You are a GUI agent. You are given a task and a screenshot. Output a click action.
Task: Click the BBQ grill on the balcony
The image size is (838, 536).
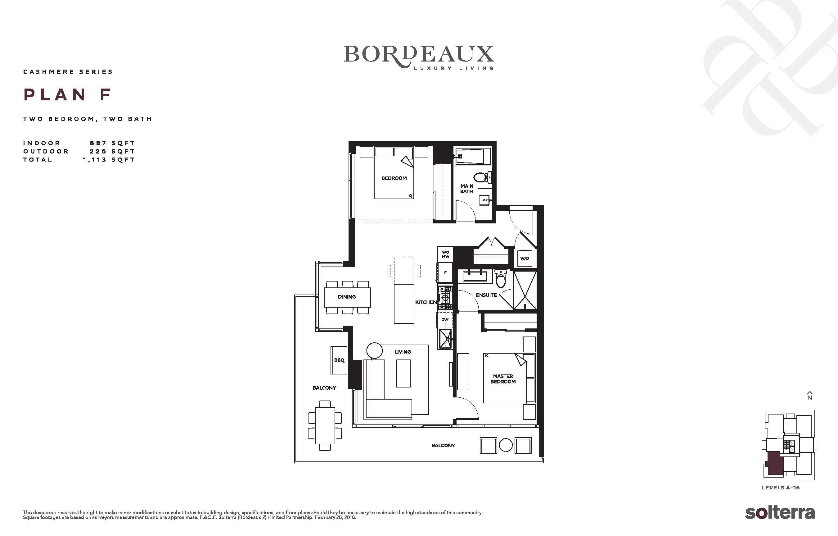339,360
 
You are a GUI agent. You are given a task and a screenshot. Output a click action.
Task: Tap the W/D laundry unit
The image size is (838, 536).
525,258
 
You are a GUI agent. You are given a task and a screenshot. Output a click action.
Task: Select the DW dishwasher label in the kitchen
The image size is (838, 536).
445,319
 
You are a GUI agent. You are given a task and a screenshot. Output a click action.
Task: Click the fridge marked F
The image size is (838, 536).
445,273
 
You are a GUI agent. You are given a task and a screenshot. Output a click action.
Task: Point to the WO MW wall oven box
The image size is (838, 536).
445,254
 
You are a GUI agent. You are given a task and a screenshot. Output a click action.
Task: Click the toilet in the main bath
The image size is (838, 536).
483,177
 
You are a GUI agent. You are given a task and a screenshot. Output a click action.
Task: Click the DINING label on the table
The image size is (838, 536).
347,297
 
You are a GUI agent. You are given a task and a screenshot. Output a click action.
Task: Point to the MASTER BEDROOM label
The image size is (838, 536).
503,379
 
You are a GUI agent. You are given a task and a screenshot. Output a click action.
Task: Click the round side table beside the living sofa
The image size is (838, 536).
374,350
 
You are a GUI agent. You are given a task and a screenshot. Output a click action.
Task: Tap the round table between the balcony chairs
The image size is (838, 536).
506,445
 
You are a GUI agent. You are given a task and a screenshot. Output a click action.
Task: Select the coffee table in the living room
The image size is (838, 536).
403,373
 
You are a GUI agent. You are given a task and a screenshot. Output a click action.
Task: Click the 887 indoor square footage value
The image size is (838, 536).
98,143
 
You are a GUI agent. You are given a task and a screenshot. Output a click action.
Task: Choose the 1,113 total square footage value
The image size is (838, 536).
94,160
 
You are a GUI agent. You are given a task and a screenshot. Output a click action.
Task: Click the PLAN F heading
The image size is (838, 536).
68,95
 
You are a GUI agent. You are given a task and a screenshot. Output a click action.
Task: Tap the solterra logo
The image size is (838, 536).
780,513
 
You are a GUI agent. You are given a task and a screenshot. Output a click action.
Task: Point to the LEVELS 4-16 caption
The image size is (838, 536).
781,488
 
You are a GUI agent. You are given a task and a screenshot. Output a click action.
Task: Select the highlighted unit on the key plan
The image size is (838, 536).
774,463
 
